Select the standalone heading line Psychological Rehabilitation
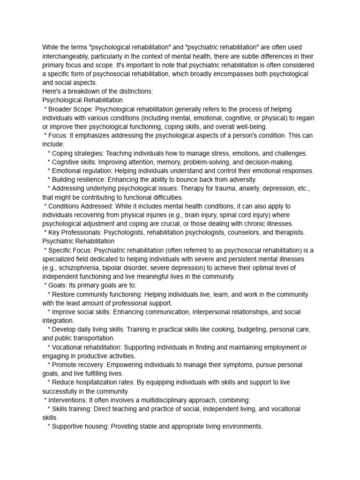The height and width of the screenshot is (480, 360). [82, 100]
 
